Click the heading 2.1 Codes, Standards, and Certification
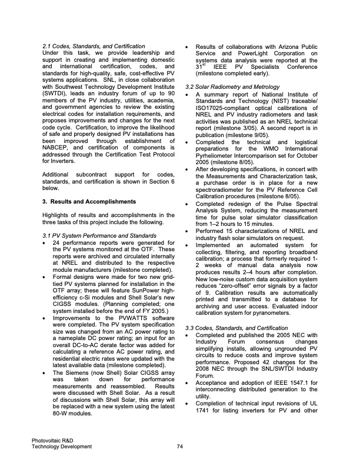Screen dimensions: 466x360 [94, 46]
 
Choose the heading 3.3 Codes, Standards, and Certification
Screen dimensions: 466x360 [240, 327]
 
